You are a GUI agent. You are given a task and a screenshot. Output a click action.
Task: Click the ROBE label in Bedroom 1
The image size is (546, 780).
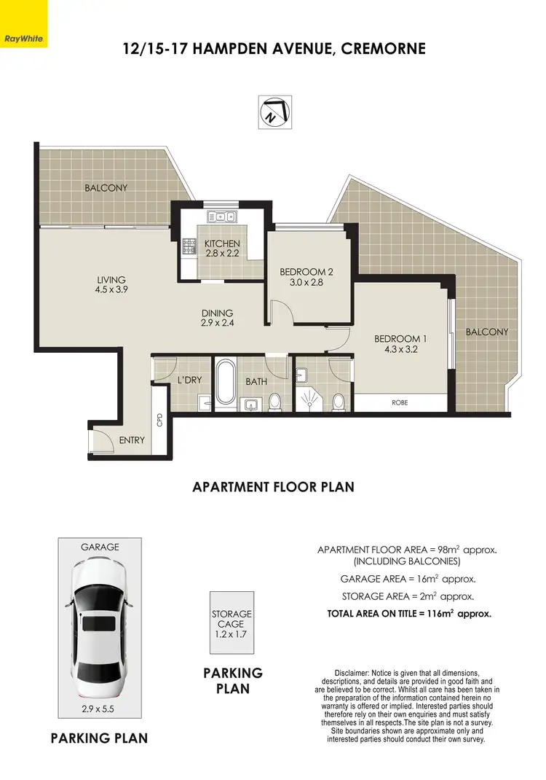click(400, 401)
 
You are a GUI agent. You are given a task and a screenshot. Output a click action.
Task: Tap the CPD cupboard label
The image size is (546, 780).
click(159, 421)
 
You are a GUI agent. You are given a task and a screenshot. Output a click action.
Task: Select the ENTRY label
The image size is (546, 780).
click(132, 440)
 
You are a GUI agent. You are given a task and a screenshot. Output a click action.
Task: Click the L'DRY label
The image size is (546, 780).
click(189, 380)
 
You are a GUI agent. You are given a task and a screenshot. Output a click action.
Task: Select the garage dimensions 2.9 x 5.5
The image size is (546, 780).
click(99, 707)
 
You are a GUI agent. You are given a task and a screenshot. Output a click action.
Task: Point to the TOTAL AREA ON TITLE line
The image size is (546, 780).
click(409, 614)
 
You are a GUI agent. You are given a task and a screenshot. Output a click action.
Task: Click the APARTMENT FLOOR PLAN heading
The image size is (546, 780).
click(273, 486)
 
